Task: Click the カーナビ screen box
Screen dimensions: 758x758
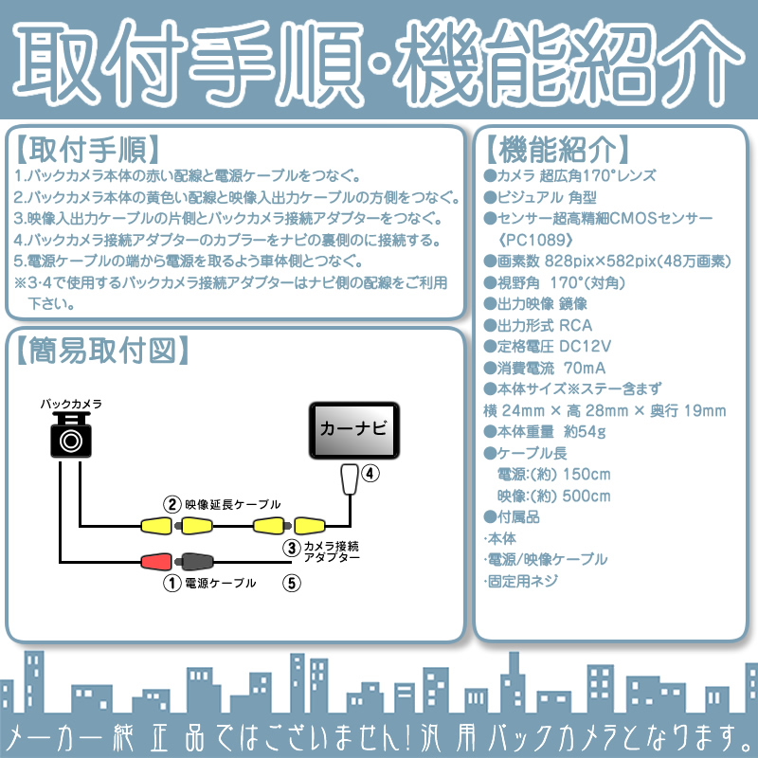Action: click(353, 430)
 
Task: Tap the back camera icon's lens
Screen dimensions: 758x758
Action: click(71, 441)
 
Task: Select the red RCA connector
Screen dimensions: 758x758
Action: click(156, 561)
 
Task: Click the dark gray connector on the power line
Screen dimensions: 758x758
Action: click(194, 561)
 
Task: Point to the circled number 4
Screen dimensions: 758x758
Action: click(370, 473)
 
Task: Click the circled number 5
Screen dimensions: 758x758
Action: click(292, 583)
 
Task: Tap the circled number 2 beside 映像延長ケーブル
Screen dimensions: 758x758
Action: click(172, 505)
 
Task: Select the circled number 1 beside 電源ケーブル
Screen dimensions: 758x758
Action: click(172, 583)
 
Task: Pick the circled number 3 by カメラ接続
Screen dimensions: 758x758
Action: click(292, 549)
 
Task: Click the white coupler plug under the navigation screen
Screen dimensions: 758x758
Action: click(350, 479)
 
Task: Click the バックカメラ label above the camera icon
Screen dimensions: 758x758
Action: click(71, 404)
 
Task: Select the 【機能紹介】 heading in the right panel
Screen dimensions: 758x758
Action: click(557, 150)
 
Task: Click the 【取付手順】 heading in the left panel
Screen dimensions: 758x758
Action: click(87, 150)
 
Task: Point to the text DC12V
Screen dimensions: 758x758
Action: click(585, 346)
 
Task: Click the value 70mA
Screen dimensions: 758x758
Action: click(585, 368)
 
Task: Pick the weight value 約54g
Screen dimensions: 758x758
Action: click(585, 431)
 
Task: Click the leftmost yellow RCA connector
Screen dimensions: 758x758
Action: click(156, 526)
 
